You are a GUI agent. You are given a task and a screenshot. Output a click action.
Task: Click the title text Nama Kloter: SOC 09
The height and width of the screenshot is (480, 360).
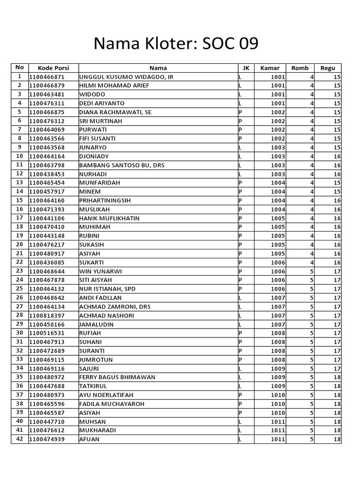176,44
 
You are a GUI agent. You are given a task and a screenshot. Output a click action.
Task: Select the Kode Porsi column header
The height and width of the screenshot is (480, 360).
53,68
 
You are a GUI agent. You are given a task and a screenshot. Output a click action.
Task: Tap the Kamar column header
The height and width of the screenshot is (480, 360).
270,68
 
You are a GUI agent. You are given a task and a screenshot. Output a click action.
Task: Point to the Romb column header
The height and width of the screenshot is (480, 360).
300,68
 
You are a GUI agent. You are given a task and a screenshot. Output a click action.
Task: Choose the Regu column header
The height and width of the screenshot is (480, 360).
328,68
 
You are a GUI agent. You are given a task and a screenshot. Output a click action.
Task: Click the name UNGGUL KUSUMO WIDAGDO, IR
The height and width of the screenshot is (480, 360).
127,77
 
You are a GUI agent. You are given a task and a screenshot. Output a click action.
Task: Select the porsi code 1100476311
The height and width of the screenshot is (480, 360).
47,104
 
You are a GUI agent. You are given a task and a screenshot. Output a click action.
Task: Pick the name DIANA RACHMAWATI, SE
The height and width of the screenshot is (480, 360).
115,112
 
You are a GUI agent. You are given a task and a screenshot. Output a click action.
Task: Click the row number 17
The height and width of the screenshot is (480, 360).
20,218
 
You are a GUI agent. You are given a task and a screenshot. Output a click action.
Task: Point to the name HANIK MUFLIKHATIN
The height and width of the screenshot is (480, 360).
109,218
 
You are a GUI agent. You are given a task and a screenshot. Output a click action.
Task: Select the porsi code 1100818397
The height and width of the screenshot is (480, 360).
47,315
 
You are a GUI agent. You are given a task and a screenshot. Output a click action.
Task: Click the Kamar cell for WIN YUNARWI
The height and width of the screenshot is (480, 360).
277,271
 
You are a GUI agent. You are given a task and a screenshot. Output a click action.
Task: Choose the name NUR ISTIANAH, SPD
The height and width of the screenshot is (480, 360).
107,289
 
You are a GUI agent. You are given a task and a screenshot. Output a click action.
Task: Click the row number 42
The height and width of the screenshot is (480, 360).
20,439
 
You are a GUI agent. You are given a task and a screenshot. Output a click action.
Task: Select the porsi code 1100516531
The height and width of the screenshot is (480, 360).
47,333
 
